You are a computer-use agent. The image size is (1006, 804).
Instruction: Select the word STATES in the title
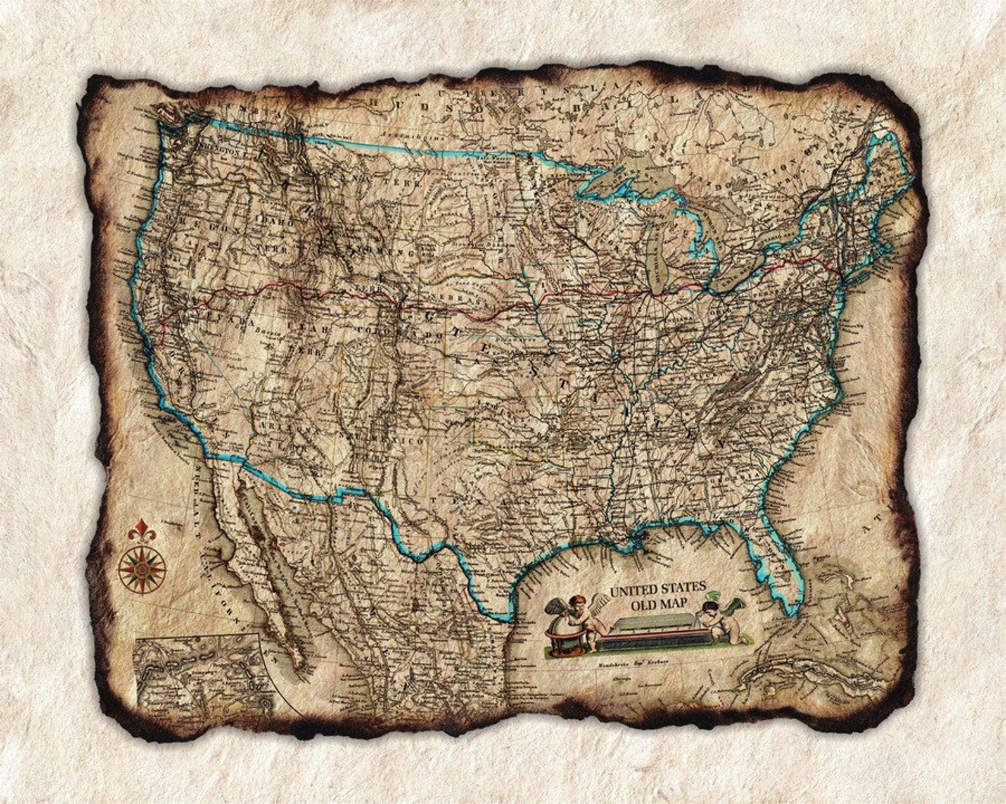coord(683,588)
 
